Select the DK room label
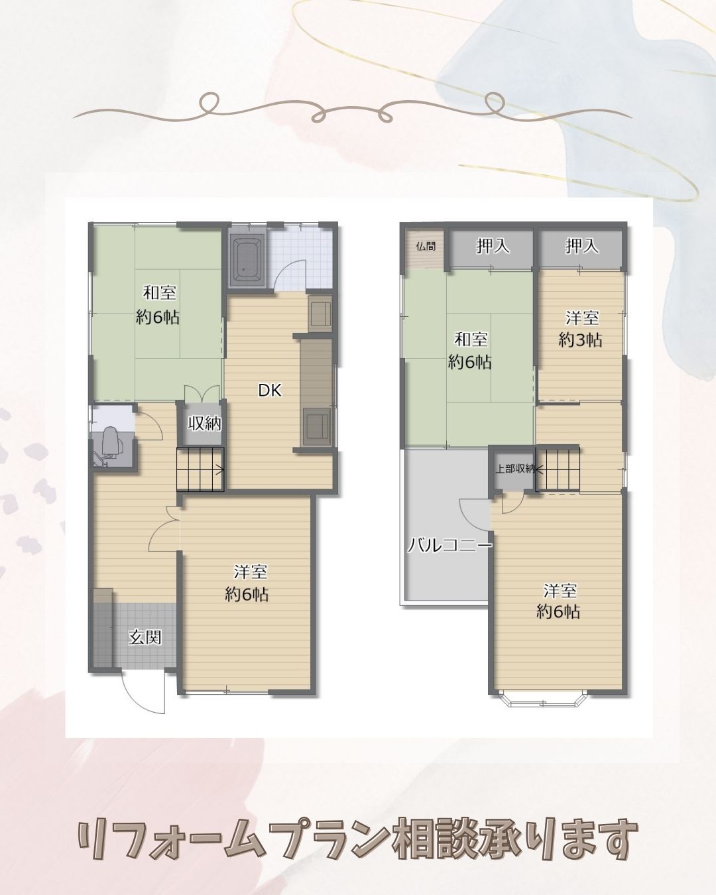[270, 390]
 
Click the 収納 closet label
[204, 424]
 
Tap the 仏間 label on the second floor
[426, 246]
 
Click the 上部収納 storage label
[514, 469]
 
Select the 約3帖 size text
[580, 340]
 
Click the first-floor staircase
[200, 469]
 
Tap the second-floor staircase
[558, 469]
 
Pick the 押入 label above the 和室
[493, 247]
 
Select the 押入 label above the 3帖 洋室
[581, 247]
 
